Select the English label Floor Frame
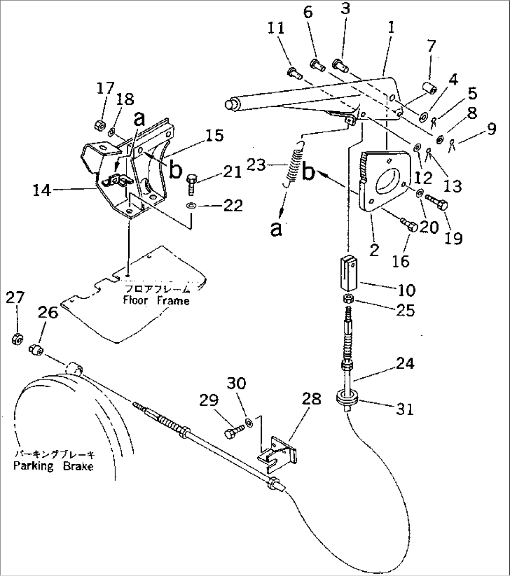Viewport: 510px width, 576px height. (x=156, y=301)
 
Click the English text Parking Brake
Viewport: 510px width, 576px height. (x=53, y=466)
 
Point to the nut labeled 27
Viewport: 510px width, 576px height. (x=17, y=338)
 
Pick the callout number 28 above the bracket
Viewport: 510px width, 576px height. (x=311, y=399)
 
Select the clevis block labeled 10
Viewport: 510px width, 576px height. (x=348, y=274)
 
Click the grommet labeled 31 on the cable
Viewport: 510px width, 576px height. (x=348, y=399)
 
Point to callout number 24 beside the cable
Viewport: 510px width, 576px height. (x=405, y=363)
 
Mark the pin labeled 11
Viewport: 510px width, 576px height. (x=292, y=72)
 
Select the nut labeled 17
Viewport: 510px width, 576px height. (x=99, y=124)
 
